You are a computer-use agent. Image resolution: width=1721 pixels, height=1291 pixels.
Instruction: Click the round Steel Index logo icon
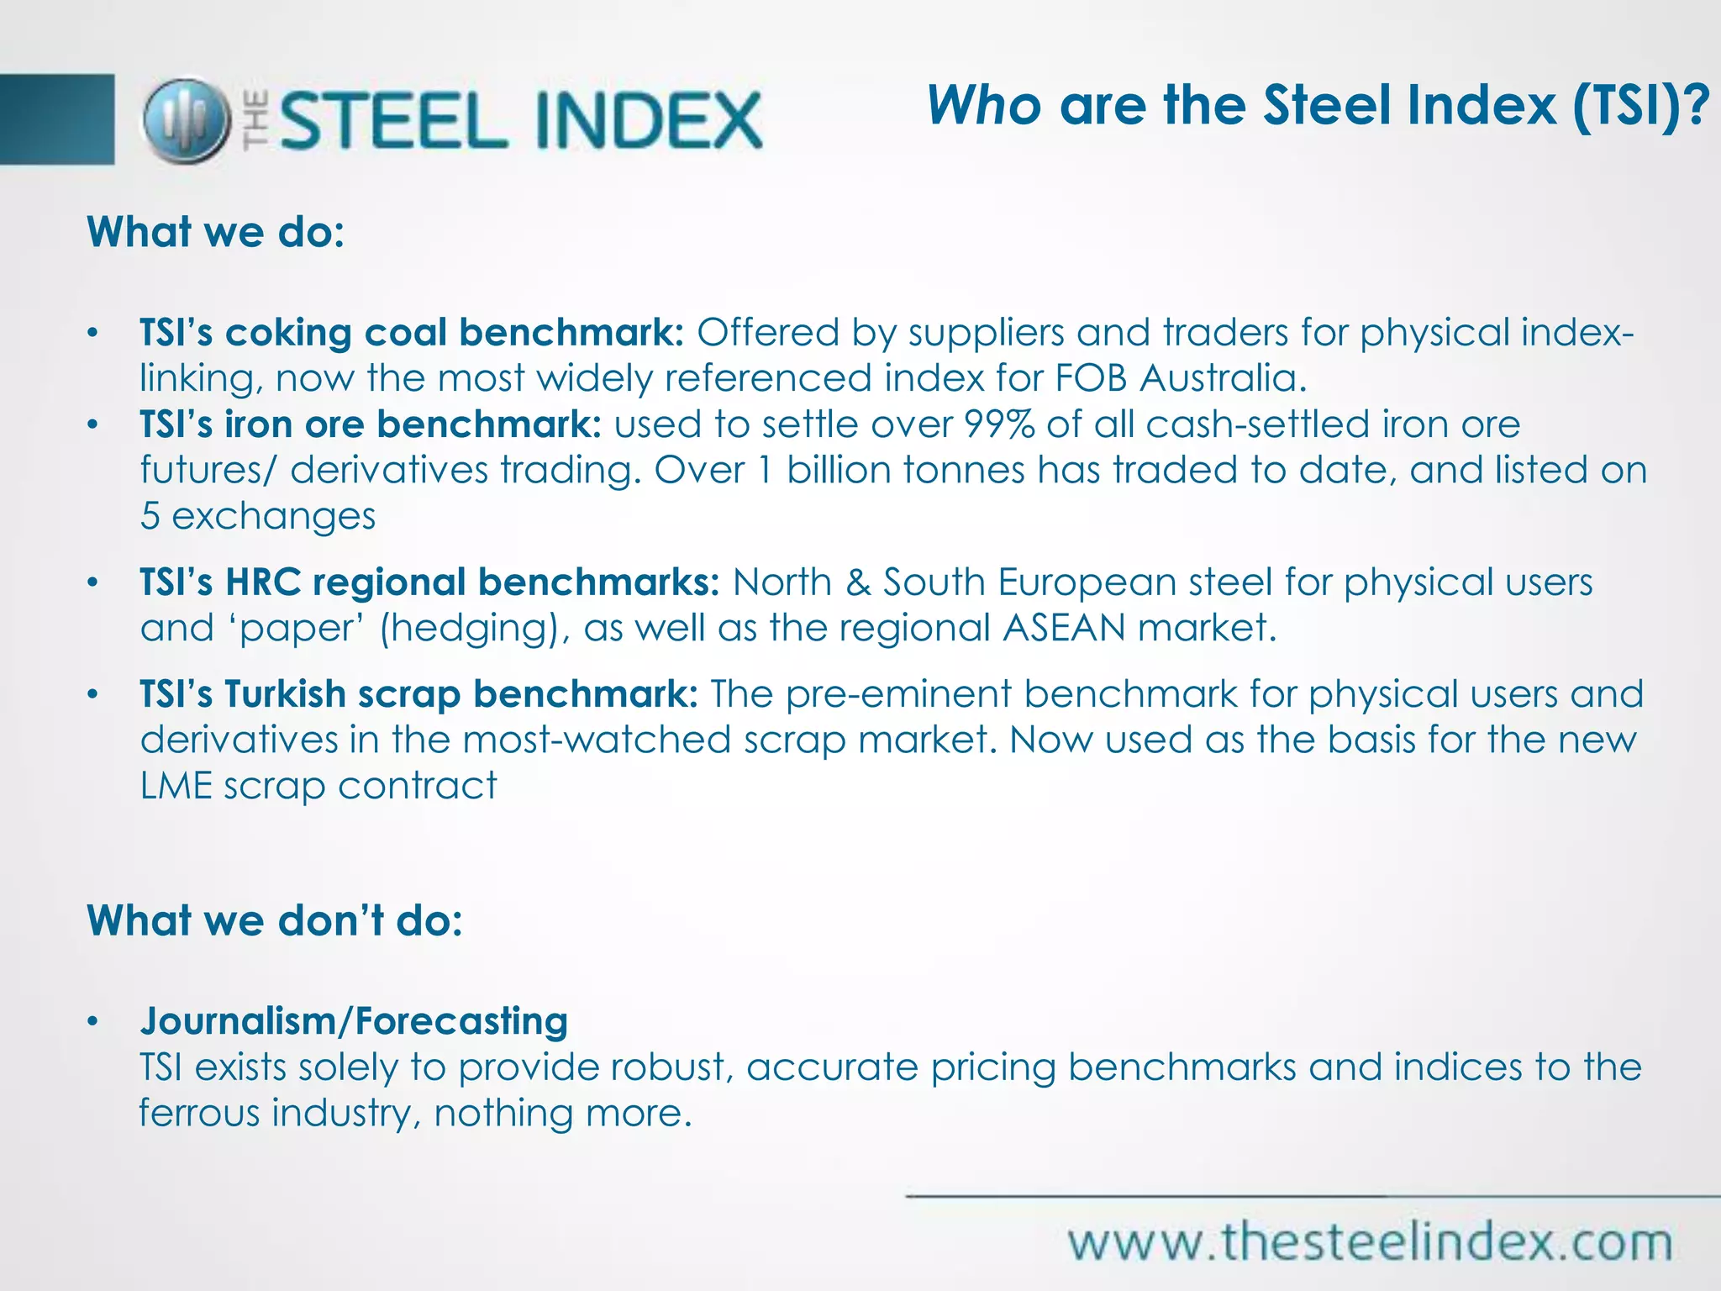186,120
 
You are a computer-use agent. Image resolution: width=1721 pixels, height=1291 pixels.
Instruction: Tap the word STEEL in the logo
393,120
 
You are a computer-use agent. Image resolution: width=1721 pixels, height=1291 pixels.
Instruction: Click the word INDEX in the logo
648,120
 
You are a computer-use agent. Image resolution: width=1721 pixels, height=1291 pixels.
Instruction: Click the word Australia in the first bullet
1223,378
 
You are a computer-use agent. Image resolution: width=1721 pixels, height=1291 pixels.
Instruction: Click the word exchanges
274,516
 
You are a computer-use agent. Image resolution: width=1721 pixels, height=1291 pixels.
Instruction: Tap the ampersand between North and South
857,582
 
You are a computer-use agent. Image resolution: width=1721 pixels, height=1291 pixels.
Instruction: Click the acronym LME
176,786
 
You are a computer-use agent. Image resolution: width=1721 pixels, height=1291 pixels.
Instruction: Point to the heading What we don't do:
275,920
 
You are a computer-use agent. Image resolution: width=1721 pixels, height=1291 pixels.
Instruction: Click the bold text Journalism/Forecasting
354,1021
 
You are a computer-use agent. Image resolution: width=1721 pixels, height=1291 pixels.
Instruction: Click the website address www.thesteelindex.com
1370,1242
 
